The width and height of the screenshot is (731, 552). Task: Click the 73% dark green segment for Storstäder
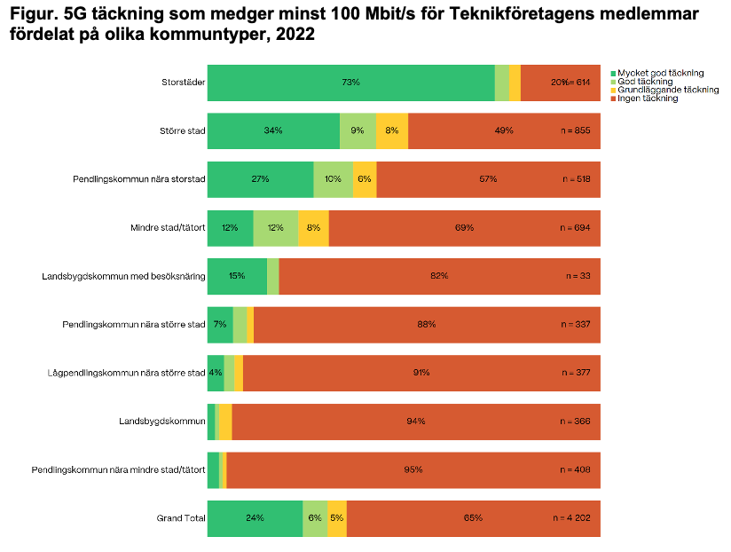click(x=350, y=83)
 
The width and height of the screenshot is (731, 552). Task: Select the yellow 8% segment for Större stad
click(x=392, y=130)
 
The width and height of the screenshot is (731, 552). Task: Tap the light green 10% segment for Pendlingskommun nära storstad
click(x=333, y=179)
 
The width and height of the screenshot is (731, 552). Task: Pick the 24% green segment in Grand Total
click(x=255, y=518)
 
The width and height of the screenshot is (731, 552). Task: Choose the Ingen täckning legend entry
click(x=648, y=99)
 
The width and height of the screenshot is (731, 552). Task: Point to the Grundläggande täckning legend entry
click(x=668, y=90)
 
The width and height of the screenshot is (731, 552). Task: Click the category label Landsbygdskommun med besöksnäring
click(x=123, y=276)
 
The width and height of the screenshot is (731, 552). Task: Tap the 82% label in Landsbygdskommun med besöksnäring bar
click(x=438, y=276)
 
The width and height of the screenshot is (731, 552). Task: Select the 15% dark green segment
click(x=237, y=276)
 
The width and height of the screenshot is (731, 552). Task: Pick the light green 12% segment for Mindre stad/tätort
click(x=275, y=228)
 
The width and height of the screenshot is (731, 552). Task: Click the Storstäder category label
click(x=184, y=83)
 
